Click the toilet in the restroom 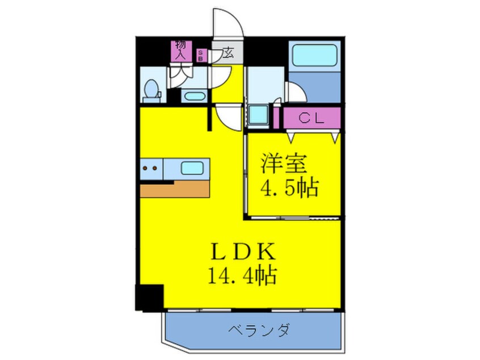(151, 89)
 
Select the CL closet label (311, 118)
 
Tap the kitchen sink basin (192, 168)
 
